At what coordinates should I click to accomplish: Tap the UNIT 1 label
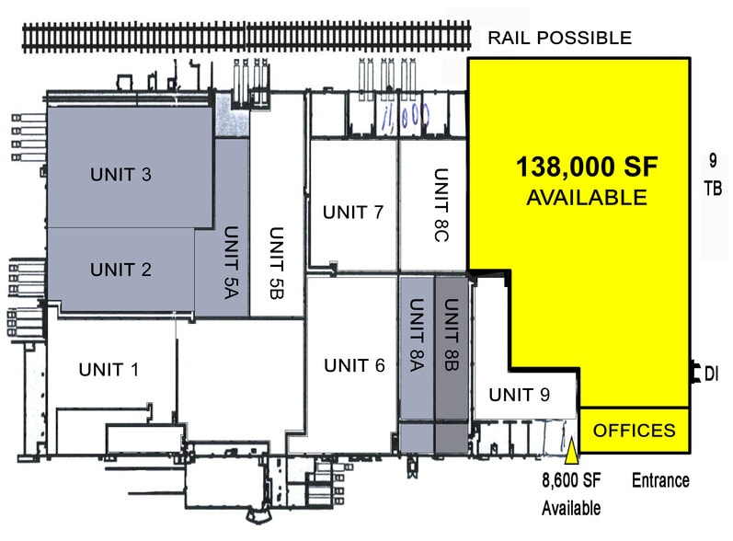pyautogui.click(x=108, y=370)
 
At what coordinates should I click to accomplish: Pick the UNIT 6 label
pyautogui.click(x=354, y=365)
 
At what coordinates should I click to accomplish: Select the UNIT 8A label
pyautogui.click(x=415, y=336)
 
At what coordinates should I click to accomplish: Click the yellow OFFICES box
pyautogui.click(x=634, y=430)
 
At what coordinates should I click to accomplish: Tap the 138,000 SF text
pyautogui.click(x=587, y=167)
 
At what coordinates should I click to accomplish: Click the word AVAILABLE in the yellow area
pyautogui.click(x=586, y=197)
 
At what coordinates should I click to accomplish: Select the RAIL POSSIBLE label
pyautogui.click(x=559, y=38)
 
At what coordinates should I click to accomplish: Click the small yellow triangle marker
pyautogui.click(x=571, y=450)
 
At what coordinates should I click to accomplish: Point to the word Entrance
pyautogui.click(x=660, y=480)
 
